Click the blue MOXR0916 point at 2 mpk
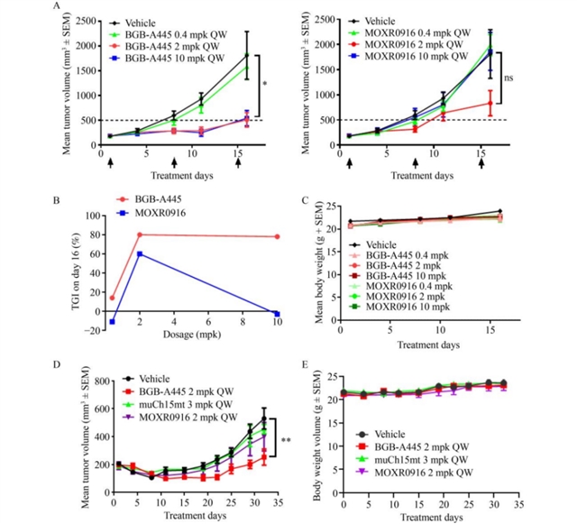pyautogui.click(x=140, y=254)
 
